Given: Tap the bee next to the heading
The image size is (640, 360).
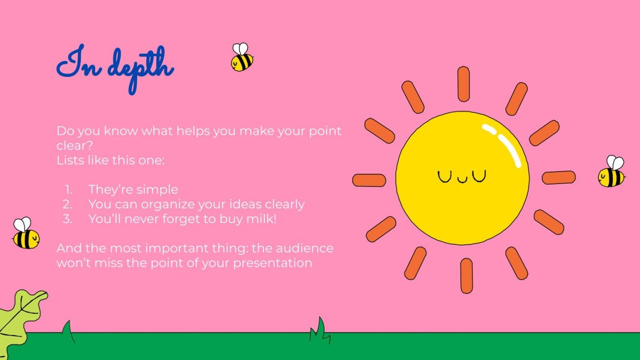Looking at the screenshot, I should click(x=242, y=58).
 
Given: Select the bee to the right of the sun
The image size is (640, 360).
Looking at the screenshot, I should click(x=612, y=172).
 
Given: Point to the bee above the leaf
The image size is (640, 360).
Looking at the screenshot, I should click(x=25, y=234).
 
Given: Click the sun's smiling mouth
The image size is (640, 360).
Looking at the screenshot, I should click(x=462, y=180).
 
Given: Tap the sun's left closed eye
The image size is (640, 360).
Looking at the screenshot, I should click(x=444, y=176).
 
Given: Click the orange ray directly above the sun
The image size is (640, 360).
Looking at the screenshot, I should click(x=463, y=84).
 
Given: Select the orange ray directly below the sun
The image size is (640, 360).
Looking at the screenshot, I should click(x=466, y=275).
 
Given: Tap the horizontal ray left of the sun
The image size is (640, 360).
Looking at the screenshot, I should click(x=369, y=180).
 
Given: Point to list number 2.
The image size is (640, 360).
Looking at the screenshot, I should click(x=67, y=205).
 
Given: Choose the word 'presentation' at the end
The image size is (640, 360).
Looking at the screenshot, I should click(x=273, y=263).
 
